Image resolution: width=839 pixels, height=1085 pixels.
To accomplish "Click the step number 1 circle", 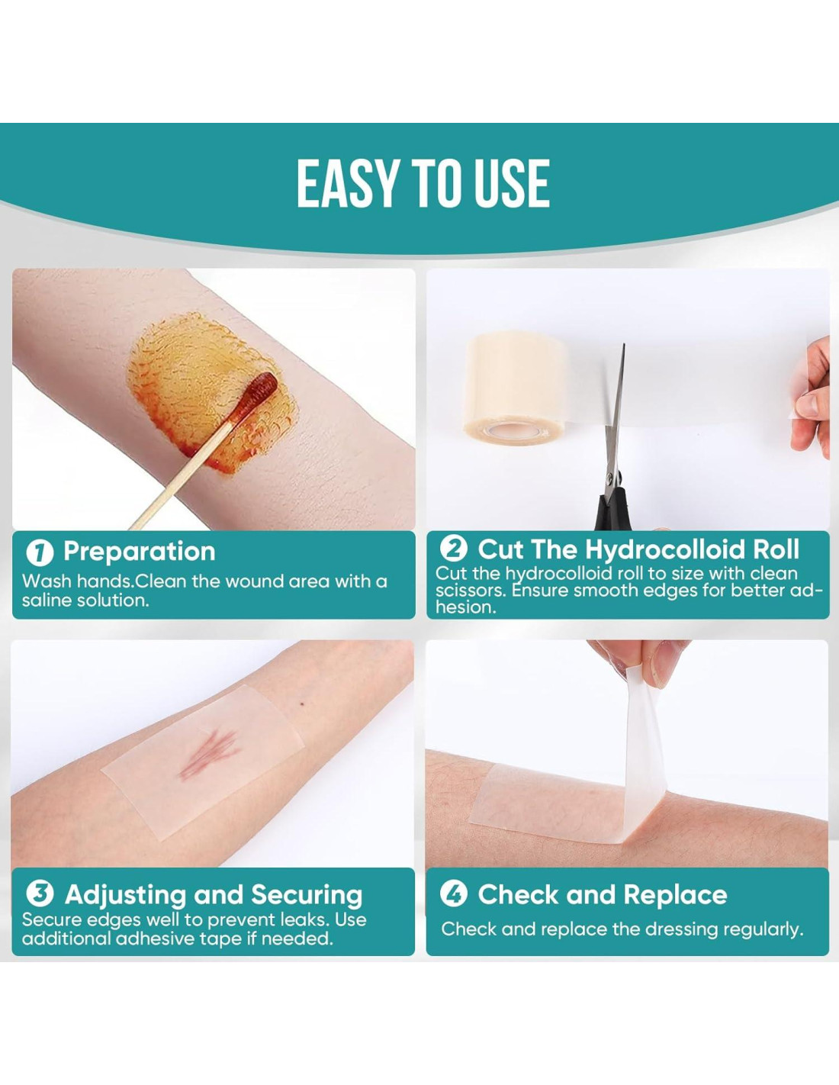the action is pos(40,552).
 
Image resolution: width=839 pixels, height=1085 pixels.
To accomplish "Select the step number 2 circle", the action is pos(454,549).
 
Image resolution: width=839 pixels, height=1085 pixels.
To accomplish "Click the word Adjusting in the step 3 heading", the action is pos(126,895).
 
